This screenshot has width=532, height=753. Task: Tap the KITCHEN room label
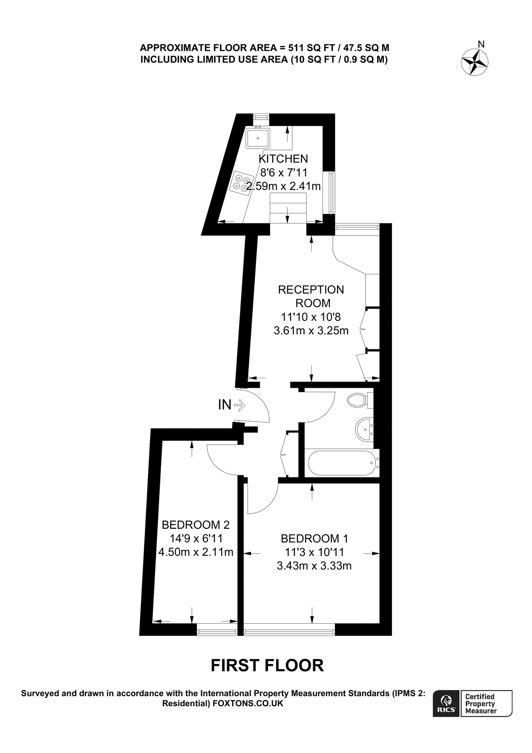pos(283,159)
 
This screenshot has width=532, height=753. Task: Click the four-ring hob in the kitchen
pos(242,183)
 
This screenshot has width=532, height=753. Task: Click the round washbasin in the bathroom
pos(365,429)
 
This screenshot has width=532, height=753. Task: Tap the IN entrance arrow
pos(240,405)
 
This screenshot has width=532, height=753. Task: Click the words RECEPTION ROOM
pos(311,296)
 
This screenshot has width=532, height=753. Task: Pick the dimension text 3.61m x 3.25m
pos(311,331)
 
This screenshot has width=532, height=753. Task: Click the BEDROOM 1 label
pos(315,538)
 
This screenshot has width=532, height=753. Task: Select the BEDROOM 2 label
pos(196,525)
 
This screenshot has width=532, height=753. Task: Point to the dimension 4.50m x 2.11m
pos(196,552)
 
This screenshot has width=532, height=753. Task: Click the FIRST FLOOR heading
pos(267,666)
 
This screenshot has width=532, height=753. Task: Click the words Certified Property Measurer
pos(481,704)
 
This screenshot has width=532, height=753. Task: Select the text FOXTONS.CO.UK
pos(248,704)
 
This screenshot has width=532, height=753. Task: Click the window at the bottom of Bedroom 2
pos(217,630)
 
